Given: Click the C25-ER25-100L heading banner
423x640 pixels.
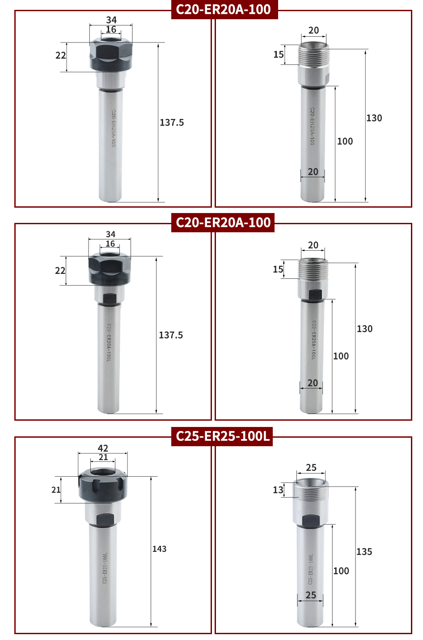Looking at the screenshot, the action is [x=222, y=436].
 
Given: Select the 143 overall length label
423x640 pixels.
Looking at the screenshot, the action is [x=159, y=549].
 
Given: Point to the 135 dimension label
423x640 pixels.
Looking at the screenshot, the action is [x=364, y=551].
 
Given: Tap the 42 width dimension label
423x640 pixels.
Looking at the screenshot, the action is [x=103, y=448].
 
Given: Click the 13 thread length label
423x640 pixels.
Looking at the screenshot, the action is [x=278, y=490].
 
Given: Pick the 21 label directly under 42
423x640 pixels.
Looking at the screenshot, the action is [x=103, y=457].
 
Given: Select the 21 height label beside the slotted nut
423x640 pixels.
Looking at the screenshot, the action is [x=56, y=490].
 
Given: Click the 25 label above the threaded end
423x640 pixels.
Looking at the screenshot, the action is [x=311, y=467].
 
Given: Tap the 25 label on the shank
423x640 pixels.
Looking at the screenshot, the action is [x=311, y=595].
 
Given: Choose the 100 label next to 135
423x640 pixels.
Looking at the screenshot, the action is [x=341, y=571].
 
